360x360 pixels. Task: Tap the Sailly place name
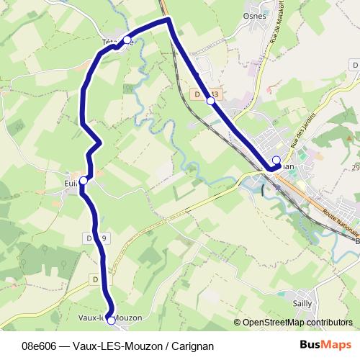tap(302, 304)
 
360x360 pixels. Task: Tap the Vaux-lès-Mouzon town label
tap(109, 318)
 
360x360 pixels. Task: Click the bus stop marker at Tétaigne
tap(127, 40)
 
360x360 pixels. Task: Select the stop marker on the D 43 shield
tap(211, 101)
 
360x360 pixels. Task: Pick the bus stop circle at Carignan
tap(276, 160)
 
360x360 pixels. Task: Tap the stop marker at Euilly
tap(84, 181)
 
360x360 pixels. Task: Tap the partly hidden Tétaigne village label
tap(110, 42)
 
